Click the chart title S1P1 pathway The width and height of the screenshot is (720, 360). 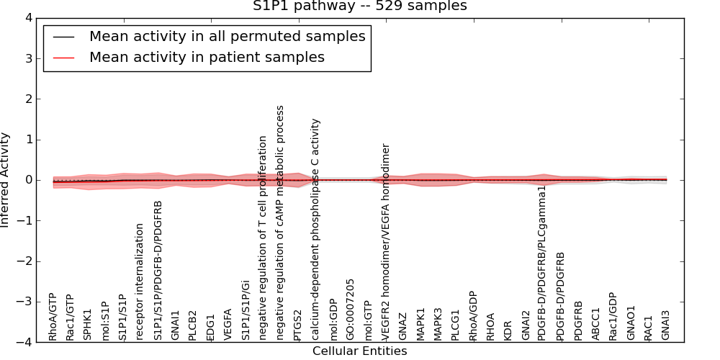click(359, 6)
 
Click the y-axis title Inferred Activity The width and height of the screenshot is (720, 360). click(6, 180)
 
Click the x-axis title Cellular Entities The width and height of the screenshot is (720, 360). click(359, 351)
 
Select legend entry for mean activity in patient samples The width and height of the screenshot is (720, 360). click(207, 57)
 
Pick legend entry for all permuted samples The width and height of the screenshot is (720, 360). click(227, 36)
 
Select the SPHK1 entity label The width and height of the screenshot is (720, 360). click(88, 325)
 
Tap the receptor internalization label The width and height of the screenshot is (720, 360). click(140, 282)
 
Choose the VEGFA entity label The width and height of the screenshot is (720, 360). click(228, 324)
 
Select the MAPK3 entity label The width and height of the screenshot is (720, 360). click(438, 324)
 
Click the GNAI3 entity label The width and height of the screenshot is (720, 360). click(665, 325)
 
